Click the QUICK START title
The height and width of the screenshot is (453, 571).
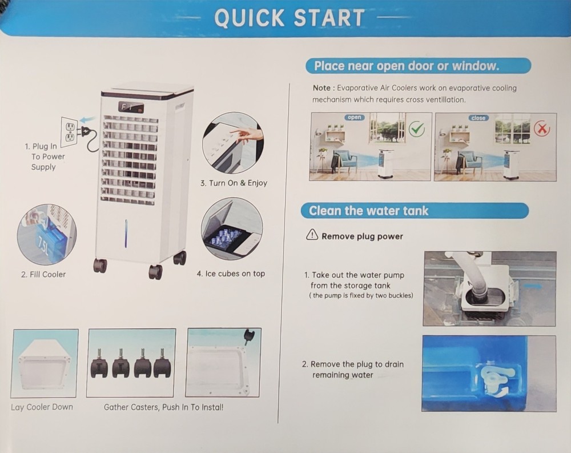(x=289, y=18)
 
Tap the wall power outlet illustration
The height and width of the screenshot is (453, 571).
(x=69, y=132)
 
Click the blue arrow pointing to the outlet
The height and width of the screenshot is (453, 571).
(x=87, y=120)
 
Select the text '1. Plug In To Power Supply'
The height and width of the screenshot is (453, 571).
(x=44, y=157)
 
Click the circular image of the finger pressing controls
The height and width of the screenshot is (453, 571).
(x=233, y=142)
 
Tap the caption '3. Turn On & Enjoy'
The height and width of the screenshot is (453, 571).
(x=234, y=183)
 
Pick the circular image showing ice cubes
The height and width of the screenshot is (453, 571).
(x=232, y=228)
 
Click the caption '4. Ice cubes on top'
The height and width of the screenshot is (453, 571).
(x=231, y=274)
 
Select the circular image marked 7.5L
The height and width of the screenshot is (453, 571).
(x=47, y=234)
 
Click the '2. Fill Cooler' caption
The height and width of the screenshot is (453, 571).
(x=43, y=274)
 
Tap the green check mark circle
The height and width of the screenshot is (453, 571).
(x=417, y=129)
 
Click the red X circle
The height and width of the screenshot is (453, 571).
(x=541, y=129)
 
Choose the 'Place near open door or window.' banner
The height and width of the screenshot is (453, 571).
(x=418, y=66)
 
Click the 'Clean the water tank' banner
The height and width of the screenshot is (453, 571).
(x=415, y=211)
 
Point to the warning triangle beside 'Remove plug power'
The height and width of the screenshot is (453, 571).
(x=312, y=235)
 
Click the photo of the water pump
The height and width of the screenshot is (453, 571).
(x=489, y=288)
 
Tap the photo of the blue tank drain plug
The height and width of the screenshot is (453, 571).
(x=489, y=373)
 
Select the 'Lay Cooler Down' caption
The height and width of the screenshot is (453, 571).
(x=42, y=407)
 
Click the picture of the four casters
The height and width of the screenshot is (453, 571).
(x=131, y=363)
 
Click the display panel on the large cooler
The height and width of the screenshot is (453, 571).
(x=131, y=107)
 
